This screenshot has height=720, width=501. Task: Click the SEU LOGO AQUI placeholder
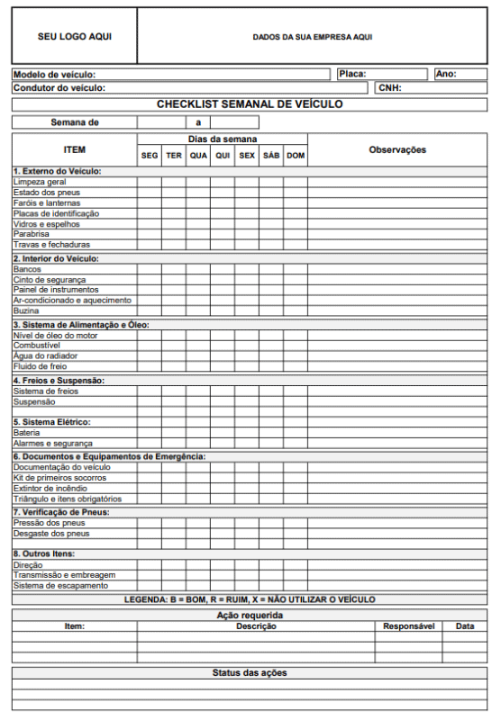click(75, 37)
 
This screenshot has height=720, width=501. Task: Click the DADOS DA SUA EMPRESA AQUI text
click(312, 37)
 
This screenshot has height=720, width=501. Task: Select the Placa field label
click(352, 74)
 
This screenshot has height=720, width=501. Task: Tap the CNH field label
click(389, 88)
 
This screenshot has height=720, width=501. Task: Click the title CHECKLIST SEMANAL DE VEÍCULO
click(250, 104)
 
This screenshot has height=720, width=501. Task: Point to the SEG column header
click(150, 156)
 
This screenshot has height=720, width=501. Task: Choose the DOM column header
click(296, 156)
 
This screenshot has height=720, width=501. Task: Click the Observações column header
click(397, 149)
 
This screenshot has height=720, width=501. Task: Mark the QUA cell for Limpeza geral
click(198, 182)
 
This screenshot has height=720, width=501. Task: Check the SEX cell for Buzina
click(247, 310)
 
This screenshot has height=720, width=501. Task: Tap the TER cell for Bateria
click(174, 433)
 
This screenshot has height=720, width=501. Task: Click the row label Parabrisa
click(32, 234)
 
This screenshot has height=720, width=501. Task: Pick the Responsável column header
click(408, 625)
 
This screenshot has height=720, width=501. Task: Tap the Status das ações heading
click(250, 673)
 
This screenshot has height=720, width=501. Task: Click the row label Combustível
click(37, 346)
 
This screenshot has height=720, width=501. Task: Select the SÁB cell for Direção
click(271, 565)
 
